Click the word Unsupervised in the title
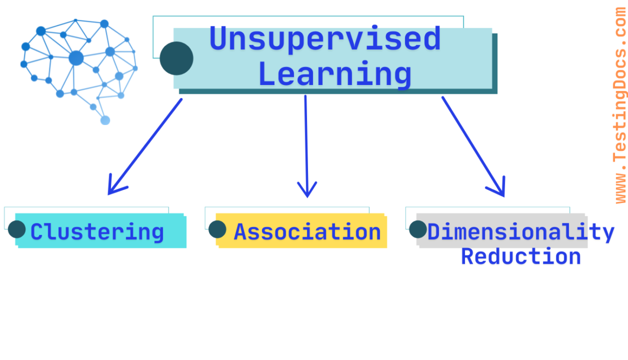[325, 39]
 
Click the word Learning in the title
[335, 74]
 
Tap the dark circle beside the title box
[176, 58]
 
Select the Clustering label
[97, 232]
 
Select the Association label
[307, 232]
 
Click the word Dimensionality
[520, 232]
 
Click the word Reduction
[520, 256]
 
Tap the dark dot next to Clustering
[17, 229]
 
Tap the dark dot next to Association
[217, 229]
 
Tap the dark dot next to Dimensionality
[417, 229]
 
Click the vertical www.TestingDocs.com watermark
[620, 106]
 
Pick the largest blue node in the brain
[76, 58]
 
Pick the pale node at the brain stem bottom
[105, 120]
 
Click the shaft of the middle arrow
[306, 141]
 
